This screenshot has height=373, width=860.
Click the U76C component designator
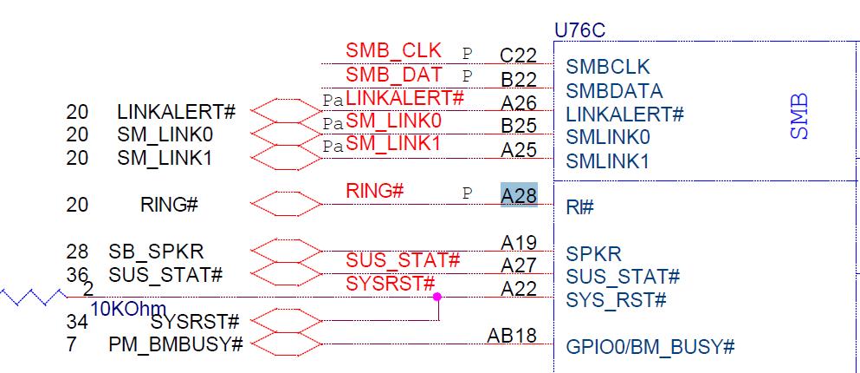[x=579, y=30]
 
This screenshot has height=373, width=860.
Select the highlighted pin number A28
[x=519, y=195]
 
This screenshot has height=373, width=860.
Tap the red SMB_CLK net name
[x=393, y=50]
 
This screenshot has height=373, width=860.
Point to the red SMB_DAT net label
[x=393, y=75]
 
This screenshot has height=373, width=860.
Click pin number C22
[x=519, y=55]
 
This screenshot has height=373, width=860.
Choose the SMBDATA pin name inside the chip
[x=614, y=91]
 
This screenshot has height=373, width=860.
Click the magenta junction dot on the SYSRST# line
[x=437, y=297]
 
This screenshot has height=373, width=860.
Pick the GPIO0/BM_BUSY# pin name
[x=650, y=347]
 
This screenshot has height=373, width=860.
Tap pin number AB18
[x=511, y=335]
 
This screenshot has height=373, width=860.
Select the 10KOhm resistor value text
[x=128, y=308]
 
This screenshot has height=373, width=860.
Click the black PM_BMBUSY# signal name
[x=175, y=344]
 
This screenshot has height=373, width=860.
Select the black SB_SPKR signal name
[x=156, y=252]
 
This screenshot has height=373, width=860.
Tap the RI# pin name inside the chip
[x=579, y=207]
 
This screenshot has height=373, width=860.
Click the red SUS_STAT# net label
[x=403, y=260]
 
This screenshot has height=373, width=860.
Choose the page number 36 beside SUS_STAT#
[x=77, y=275]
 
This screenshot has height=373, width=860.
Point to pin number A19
[x=519, y=243]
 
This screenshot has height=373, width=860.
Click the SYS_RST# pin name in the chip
[x=616, y=300]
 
